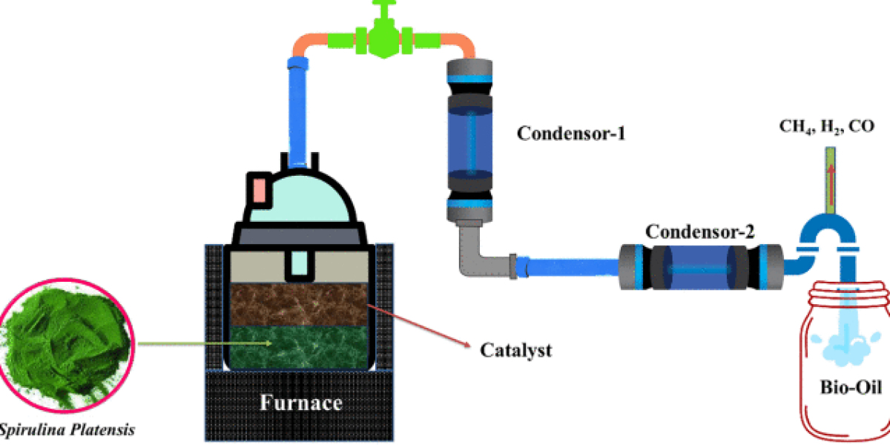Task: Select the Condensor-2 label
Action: click(700, 231)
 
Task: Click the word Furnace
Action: click(300, 403)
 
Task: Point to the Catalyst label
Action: click(516, 350)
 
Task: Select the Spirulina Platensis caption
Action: click(67, 429)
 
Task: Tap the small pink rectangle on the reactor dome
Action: click(259, 190)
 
